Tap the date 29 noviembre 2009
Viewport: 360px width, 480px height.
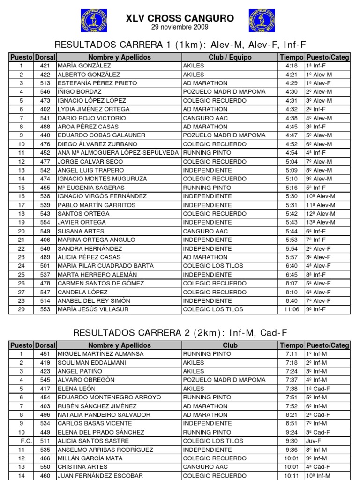click(x=180, y=27)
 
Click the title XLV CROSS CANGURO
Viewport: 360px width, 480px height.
click(x=180, y=18)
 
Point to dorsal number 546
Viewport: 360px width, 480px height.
click(x=45, y=92)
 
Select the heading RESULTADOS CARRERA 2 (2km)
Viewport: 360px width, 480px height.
click(x=180, y=333)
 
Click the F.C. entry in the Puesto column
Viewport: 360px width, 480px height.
click(x=21, y=441)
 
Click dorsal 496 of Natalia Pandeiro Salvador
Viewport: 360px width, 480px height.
click(x=45, y=415)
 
